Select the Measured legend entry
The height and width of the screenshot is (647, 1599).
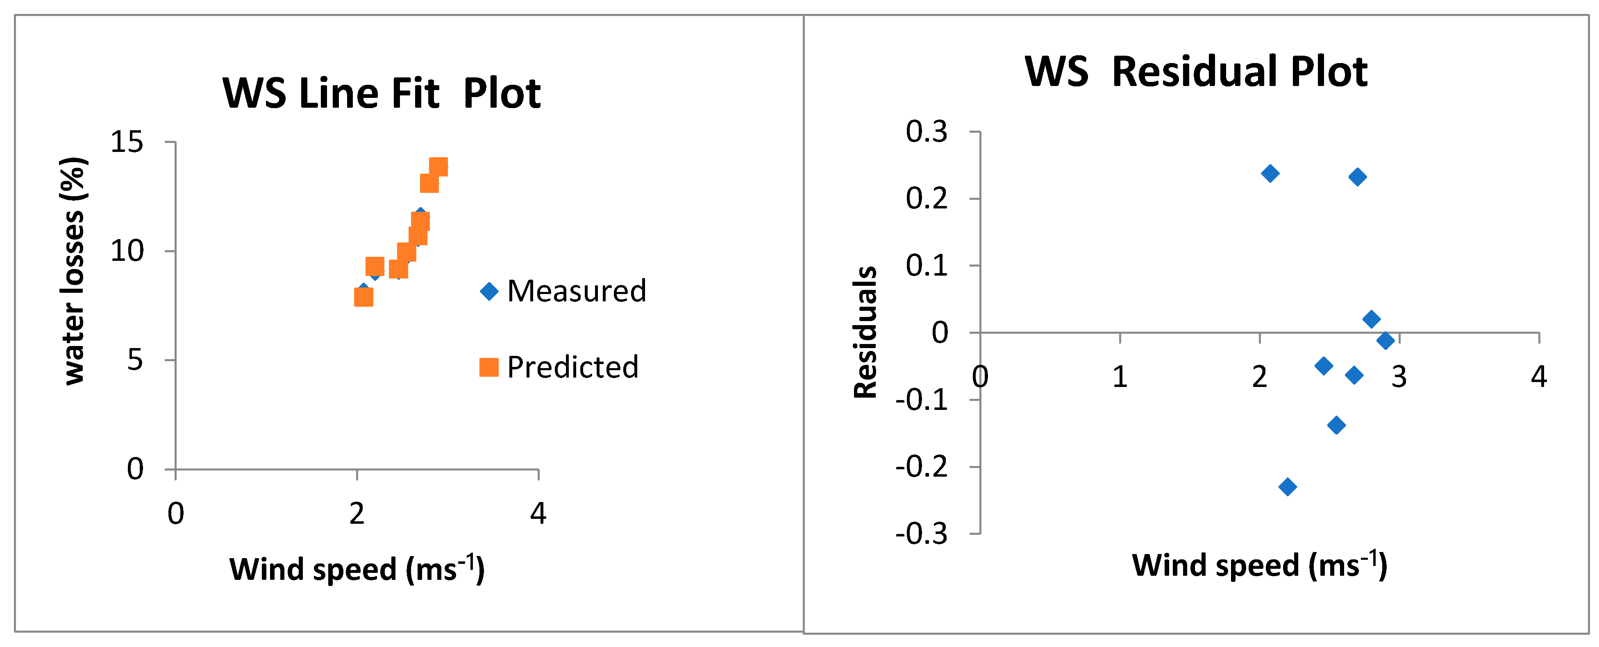tap(563, 291)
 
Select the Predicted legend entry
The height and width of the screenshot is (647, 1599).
tap(559, 367)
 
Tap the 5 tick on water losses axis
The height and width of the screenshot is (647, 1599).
tap(135, 360)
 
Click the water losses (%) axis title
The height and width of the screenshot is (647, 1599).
tap(73, 271)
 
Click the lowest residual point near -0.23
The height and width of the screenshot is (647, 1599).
tap(1288, 486)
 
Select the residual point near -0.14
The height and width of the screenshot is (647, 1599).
tap(1336, 425)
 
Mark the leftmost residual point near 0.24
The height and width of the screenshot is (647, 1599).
tap(1270, 173)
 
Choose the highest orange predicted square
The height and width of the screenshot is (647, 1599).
tap(438, 167)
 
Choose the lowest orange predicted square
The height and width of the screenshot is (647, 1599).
tap(363, 297)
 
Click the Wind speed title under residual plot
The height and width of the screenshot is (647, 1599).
tap(1259, 565)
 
